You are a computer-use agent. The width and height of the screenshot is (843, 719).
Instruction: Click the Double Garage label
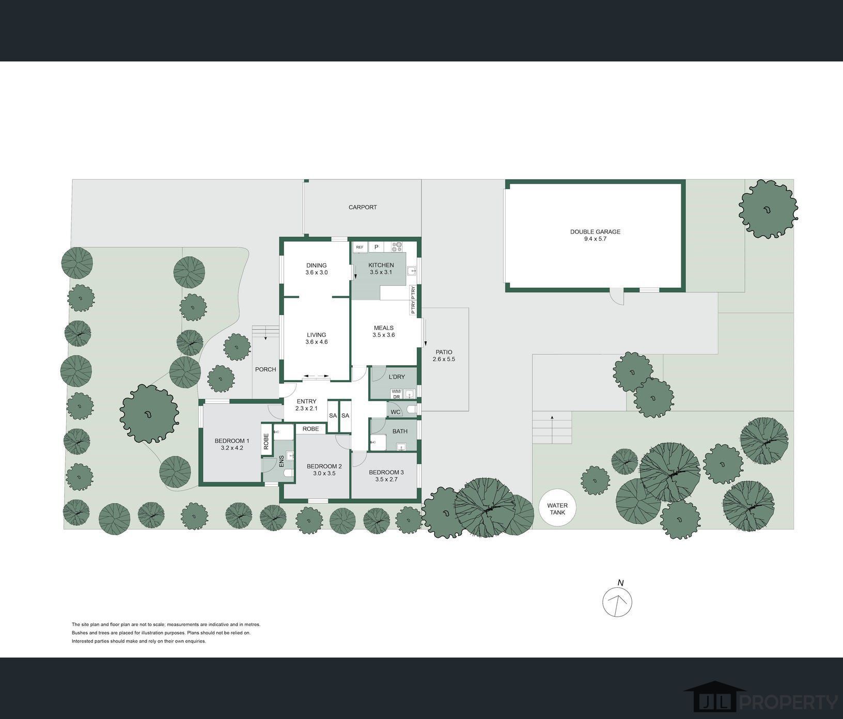(595, 236)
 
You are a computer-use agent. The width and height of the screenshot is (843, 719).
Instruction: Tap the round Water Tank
(557, 509)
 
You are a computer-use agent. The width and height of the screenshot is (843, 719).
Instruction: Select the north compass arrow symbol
(618, 602)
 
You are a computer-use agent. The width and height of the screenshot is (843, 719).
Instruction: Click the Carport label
(363, 207)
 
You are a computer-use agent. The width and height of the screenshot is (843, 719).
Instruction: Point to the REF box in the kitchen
(360, 247)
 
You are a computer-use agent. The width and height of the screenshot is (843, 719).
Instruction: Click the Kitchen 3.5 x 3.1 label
(381, 269)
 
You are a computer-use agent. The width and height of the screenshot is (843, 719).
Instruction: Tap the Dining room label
(316, 269)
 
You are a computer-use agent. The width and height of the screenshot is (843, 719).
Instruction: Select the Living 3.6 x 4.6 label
(317, 338)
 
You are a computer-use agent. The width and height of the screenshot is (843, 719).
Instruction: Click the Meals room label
(384, 331)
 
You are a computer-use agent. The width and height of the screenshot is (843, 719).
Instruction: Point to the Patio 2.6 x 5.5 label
(444, 355)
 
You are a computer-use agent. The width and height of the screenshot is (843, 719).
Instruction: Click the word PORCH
(266, 369)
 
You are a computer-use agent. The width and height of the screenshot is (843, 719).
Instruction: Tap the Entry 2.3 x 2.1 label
(306, 405)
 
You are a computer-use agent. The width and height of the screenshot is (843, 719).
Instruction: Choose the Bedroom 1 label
(232, 444)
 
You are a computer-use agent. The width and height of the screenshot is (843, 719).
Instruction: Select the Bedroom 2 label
(324, 470)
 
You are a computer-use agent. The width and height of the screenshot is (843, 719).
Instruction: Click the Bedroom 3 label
(386, 476)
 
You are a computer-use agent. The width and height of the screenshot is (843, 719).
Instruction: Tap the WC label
(396, 412)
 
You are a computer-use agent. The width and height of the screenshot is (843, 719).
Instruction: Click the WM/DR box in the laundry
(396, 394)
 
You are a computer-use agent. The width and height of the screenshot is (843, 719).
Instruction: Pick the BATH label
(400, 431)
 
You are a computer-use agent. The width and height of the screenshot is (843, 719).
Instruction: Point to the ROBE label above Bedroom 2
(311, 429)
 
